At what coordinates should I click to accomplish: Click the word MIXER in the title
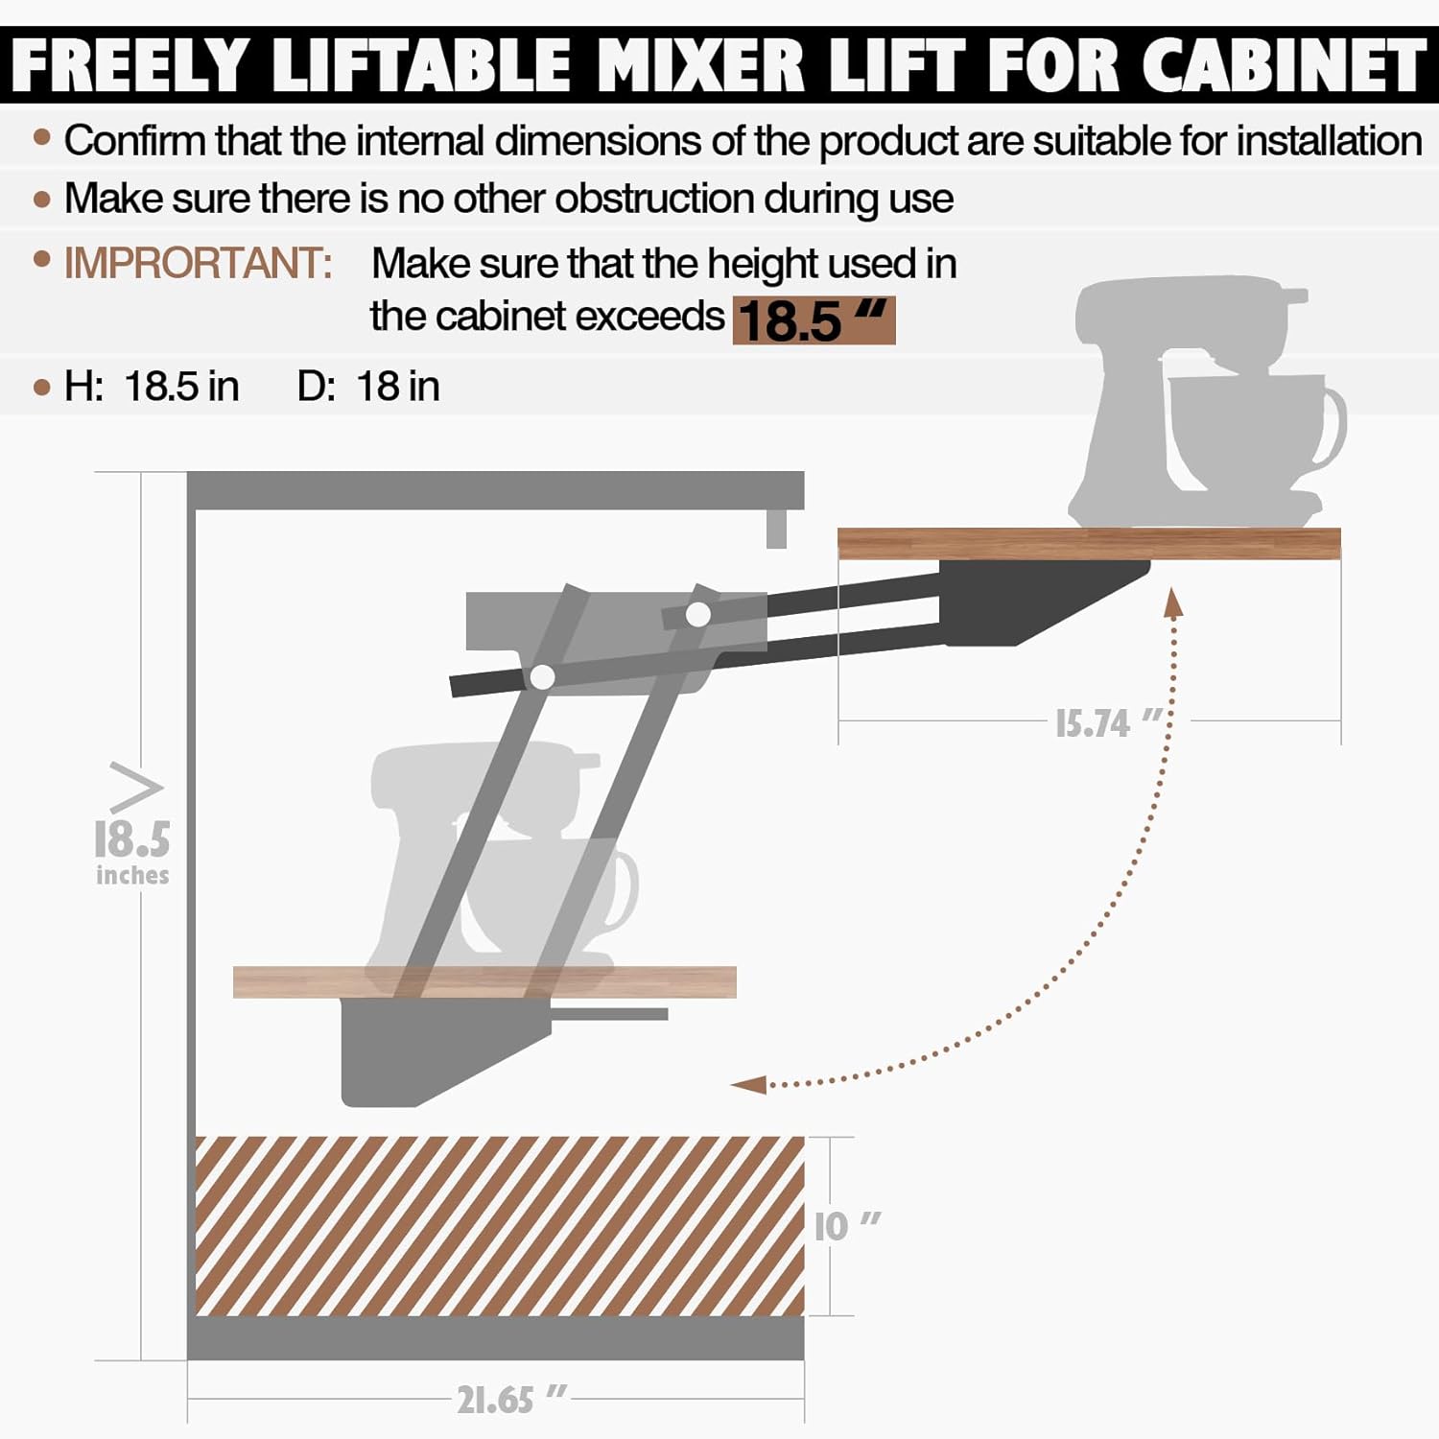pyautogui.click(x=699, y=65)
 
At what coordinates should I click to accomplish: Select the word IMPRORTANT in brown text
pyautogui.click(x=198, y=263)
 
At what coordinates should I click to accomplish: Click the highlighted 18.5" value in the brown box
pyautogui.click(x=814, y=320)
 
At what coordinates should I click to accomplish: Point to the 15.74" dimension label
pyautogui.click(x=1108, y=723)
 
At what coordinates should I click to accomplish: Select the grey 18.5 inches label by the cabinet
pyautogui.click(x=132, y=850)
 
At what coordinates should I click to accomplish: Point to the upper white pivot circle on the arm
pyautogui.click(x=698, y=614)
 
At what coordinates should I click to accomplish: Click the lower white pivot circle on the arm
pyautogui.click(x=542, y=677)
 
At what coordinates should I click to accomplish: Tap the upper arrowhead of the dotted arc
pyautogui.click(x=1172, y=602)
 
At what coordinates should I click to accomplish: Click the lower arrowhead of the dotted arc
pyautogui.click(x=748, y=1085)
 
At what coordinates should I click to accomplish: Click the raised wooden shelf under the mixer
pyautogui.click(x=1088, y=543)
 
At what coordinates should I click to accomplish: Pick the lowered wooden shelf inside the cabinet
pyautogui.click(x=484, y=982)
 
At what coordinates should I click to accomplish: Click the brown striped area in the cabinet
pyautogui.click(x=499, y=1226)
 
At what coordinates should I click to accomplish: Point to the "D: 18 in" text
pyautogui.click(x=368, y=387)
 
